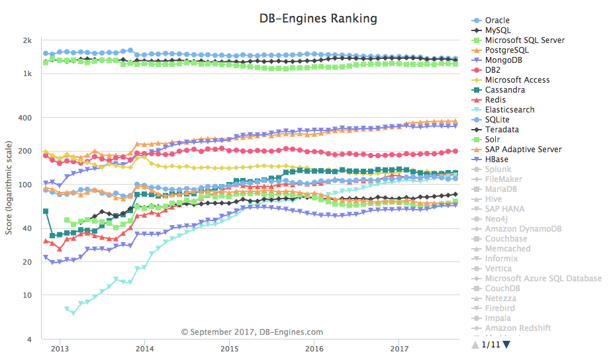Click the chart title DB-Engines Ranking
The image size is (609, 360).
(x=318, y=19)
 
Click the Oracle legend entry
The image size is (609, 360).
(x=497, y=21)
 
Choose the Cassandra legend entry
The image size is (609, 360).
(x=505, y=90)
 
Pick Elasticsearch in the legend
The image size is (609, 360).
(x=510, y=110)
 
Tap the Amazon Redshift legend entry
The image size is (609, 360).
(x=518, y=328)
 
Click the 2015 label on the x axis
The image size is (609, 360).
(x=230, y=348)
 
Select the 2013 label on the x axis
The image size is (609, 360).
(x=60, y=348)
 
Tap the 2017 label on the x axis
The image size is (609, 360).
(x=399, y=348)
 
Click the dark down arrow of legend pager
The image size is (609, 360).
(x=506, y=344)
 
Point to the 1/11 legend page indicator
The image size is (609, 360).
(x=491, y=344)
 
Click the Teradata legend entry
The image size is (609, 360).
(x=502, y=130)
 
